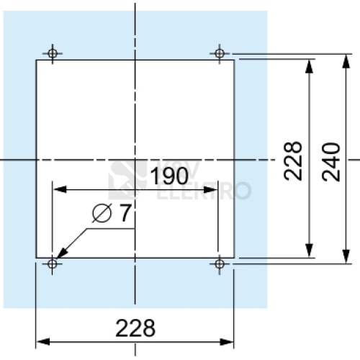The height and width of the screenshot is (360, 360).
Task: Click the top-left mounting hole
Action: (x=53, y=53)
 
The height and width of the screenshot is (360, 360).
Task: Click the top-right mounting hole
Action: (x=220, y=53)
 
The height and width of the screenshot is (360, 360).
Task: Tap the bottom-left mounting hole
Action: (x=53, y=264)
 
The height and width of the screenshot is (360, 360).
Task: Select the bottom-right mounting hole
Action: (x=219, y=264)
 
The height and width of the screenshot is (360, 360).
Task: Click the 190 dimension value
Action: (x=169, y=176)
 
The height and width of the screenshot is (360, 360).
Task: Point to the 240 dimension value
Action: (x=331, y=161)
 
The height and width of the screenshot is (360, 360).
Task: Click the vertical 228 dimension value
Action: (x=293, y=161)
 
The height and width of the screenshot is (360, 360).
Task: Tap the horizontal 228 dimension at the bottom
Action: (x=135, y=328)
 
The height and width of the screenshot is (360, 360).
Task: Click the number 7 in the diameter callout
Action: (x=125, y=213)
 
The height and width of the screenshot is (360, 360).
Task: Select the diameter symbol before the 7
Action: (x=102, y=213)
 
